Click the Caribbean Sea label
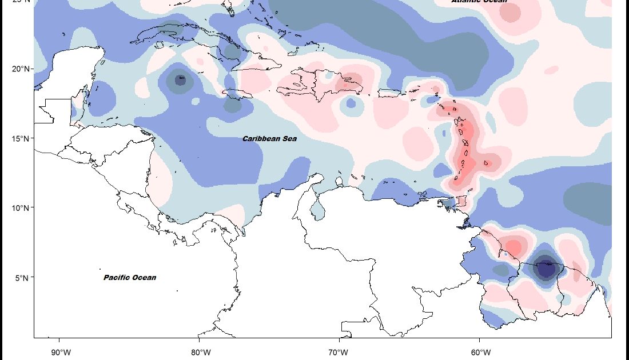point(269,139)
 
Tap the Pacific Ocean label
point(130,278)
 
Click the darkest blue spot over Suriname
point(546,267)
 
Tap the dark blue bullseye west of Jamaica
point(181,80)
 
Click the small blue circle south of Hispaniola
point(351,104)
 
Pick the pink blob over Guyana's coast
point(513,247)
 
